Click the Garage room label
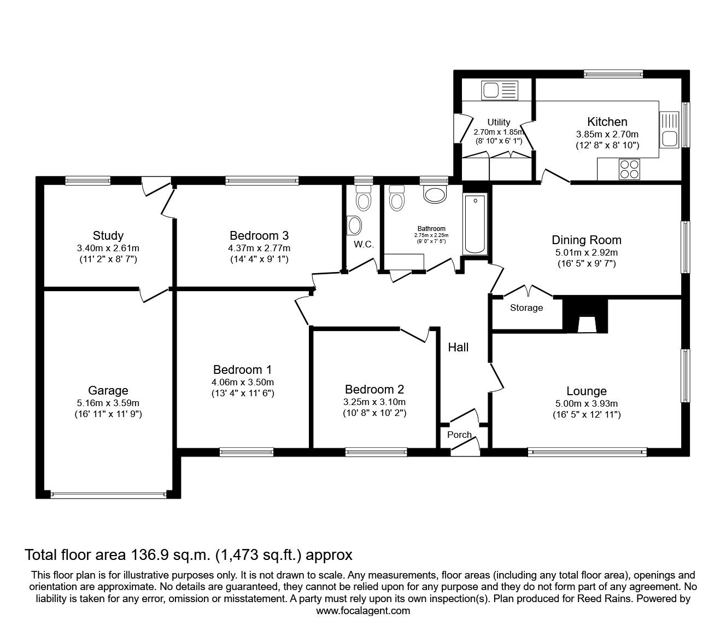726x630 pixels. pyautogui.click(x=108, y=390)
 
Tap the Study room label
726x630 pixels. pyautogui.click(x=108, y=236)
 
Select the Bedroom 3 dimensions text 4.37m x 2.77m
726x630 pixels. pyautogui.click(x=259, y=248)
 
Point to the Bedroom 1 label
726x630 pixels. pyautogui.click(x=242, y=369)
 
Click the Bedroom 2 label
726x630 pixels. pyautogui.click(x=374, y=389)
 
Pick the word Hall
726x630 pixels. pyautogui.click(x=458, y=347)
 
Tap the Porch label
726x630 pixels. pyautogui.click(x=459, y=435)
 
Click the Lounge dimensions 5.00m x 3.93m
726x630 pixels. pyautogui.click(x=586, y=403)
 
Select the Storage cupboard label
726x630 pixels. pyautogui.click(x=526, y=308)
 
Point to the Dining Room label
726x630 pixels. pyautogui.click(x=586, y=240)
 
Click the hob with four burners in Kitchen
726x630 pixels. pyautogui.click(x=629, y=169)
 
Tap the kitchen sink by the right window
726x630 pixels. pyautogui.click(x=669, y=130)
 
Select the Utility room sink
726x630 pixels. pyautogui.click(x=499, y=90)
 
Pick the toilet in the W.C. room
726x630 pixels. pyautogui.click(x=363, y=198)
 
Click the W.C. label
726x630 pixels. pyautogui.click(x=364, y=245)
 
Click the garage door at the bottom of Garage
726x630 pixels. pyautogui.click(x=108, y=494)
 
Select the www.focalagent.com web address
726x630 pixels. pyautogui.click(x=363, y=611)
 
